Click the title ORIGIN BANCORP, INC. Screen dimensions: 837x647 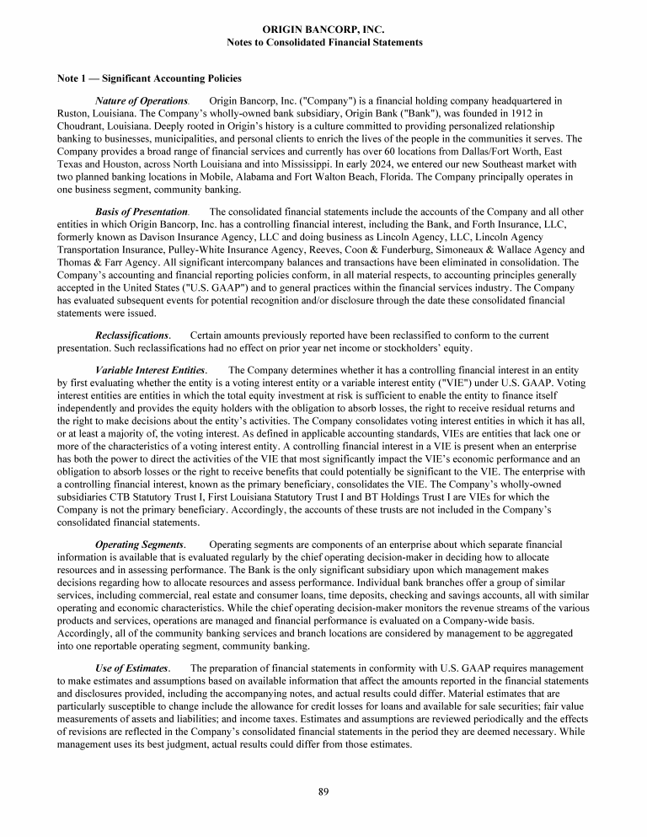point(324,30)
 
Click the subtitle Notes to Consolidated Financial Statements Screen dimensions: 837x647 point(324,41)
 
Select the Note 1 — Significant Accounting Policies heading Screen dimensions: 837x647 point(149,78)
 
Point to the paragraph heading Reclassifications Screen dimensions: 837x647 point(132,335)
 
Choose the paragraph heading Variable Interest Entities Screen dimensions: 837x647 point(151,370)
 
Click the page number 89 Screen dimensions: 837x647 point(323,790)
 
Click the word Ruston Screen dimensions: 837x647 point(72,113)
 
